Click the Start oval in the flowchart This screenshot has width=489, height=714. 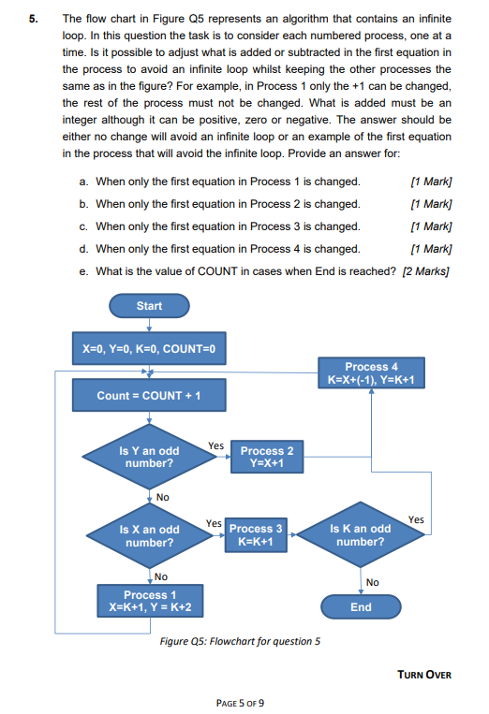coord(149,306)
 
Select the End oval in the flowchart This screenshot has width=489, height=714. coord(361,606)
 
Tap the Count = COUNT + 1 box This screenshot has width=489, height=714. coord(149,395)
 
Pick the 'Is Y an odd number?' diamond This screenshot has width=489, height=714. coord(149,457)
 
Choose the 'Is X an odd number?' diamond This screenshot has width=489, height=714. coord(149,535)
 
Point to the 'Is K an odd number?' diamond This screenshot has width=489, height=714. coord(361,535)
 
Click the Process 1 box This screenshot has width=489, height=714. coord(149,601)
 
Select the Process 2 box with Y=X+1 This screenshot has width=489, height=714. coord(267,457)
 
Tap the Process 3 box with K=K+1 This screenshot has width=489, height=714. coord(256,535)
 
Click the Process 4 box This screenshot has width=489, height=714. coord(372,373)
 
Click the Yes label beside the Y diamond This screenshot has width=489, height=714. coord(215,446)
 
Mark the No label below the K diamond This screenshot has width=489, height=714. coord(372,582)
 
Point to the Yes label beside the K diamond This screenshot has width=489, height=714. coord(416,519)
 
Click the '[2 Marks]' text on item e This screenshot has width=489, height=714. coord(425,271)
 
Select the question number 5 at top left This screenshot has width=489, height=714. coord(33,17)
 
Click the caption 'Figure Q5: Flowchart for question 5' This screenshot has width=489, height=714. coord(241,641)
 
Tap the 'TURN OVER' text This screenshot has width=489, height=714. coord(424,674)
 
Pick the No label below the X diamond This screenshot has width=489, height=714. coord(161,576)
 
